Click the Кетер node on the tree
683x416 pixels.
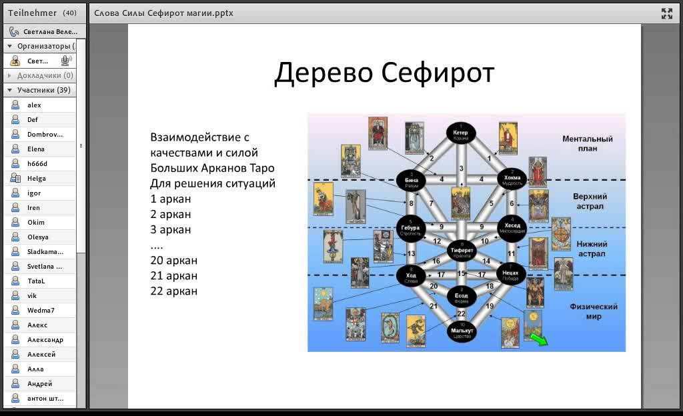pos(461,133)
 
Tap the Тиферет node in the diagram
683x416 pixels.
pos(461,251)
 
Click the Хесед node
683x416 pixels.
pos(512,226)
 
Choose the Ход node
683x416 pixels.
pos(411,276)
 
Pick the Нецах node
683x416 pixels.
pos(511,274)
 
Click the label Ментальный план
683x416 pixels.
pos(587,143)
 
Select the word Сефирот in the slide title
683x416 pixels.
pos(439,73)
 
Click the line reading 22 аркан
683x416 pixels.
pos(174,291)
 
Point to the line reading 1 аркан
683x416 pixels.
pos(171,199)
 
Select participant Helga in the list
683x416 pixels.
pos(37,178)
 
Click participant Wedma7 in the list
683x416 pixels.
pos(41,310)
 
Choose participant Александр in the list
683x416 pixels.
pos(45,339)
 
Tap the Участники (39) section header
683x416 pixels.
pos(43,90)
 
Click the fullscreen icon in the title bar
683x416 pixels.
pos(666,13)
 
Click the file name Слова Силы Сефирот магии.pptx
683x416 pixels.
pos(163,13)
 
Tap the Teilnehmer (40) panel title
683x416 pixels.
pos(41,13)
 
